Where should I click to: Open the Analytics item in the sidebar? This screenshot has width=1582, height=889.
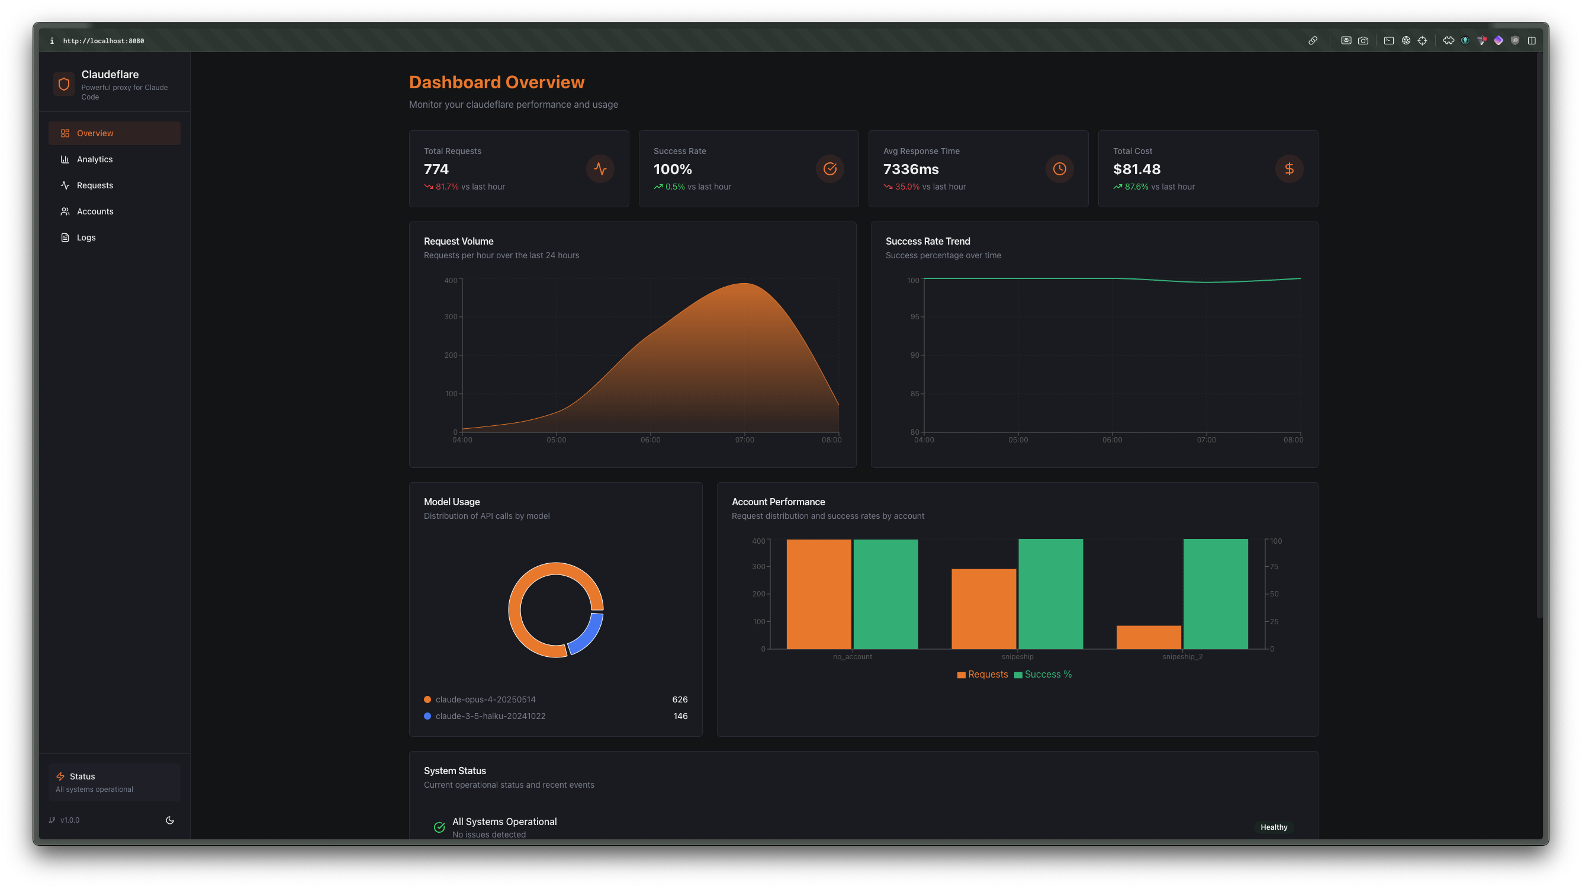click(x=95, y=159)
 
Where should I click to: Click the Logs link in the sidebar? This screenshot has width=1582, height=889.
click(x=86, y=237)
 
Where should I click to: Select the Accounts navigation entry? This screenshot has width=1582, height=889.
click(x=95, y=211)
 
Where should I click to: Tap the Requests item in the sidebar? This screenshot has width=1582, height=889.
click(x=95, y=185)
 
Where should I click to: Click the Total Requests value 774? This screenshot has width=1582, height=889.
click(x=436, y=169)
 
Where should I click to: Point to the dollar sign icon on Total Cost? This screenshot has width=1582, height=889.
click(x=1289, y=168)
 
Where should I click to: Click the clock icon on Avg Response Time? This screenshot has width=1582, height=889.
click(x=1059, y=168)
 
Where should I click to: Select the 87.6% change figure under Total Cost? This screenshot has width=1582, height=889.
click(x=1136, y=187)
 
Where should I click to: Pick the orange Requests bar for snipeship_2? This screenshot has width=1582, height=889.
click(x=1149, y=637)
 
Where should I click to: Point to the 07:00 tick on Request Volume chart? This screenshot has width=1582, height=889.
click(x=744, y=440)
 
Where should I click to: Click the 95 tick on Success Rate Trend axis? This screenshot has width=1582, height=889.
click(x=914, y=316)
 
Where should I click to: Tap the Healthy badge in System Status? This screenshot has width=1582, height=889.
click(x=1274, y=827)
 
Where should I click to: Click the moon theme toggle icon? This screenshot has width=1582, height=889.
click(x=170, y=820)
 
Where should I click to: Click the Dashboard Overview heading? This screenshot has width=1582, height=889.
click(x=496, y=82)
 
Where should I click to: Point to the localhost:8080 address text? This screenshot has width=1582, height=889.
click(x=103, y=41)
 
